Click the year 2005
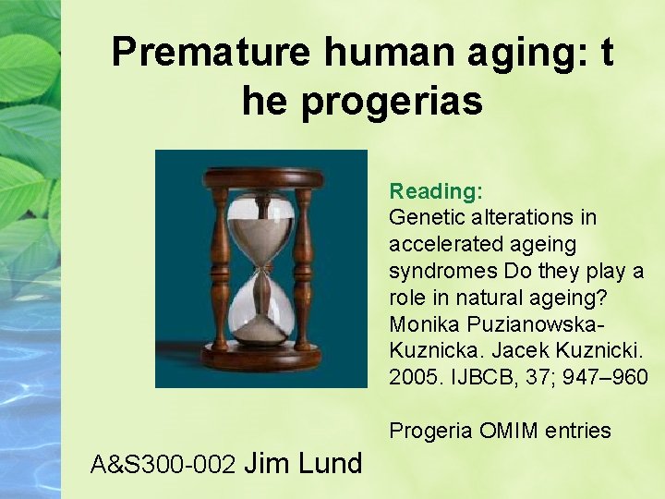(412, 379)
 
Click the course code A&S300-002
(165, 464)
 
